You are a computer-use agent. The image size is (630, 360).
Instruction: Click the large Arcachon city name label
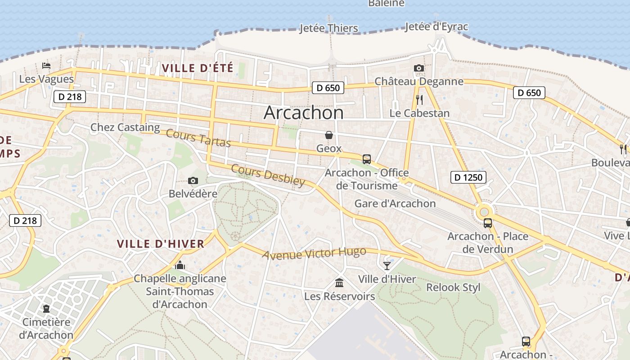click(304, 112)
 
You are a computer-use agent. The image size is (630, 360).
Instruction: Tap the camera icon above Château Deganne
click(419, 68)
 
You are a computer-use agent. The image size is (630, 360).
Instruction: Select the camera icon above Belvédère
click(193, 181)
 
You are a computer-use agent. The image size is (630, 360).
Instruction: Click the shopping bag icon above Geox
click(329, 135)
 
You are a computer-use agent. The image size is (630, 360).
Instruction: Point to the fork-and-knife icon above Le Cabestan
click(419, 99)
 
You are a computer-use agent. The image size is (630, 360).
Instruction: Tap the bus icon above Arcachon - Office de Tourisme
click(367, 159)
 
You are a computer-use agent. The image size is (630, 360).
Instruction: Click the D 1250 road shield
click(468, 177)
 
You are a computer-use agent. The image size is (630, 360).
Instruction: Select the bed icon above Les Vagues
click(46, 66)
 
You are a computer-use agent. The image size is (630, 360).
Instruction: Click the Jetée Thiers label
click(329, 28)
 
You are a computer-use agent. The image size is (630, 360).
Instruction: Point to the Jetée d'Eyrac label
click(436, 27)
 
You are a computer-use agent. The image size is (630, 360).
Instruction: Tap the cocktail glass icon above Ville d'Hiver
click(387, 265)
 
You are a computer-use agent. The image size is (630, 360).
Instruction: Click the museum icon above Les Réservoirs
click(339, 283)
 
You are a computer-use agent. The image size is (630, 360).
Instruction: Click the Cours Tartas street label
click(198, 138)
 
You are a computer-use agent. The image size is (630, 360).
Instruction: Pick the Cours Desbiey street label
click(268, 175)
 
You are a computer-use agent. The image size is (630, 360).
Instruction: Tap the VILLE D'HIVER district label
click(161, 244)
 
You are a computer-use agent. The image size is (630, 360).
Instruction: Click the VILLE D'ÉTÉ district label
click(198, 68)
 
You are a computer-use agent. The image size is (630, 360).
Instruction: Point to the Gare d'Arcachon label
click(395, 203)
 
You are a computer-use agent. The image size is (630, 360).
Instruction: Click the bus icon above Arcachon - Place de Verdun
click(488, 223)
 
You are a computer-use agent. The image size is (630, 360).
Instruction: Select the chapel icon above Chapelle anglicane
click(180, 265)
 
